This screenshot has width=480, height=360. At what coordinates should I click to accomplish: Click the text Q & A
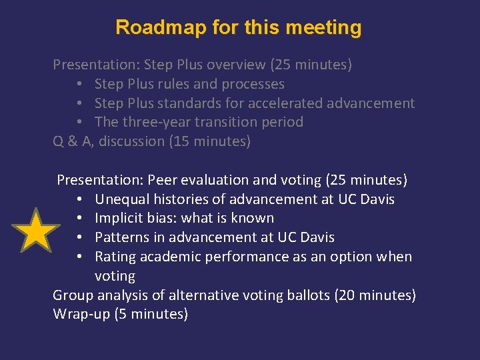(73, 142)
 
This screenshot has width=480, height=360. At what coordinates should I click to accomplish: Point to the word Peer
(162, 180)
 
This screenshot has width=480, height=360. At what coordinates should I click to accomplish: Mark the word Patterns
(121, 238)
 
